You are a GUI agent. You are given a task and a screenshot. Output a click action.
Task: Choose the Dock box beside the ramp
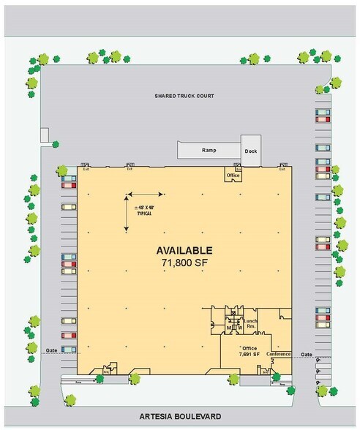point(251,151)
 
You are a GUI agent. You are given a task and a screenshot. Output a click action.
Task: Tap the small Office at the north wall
point(233,176)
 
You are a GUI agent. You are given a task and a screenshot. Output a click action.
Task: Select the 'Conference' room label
point(278,355)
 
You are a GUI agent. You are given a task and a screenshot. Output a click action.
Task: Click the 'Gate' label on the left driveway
point(50,350)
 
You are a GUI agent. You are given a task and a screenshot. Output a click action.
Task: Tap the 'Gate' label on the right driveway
point(306,354)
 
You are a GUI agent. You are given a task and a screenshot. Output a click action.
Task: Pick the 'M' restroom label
point(228,328)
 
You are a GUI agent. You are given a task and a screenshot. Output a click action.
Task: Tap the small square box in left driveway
point(45,135)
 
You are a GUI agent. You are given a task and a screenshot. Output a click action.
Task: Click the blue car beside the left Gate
point(69,350)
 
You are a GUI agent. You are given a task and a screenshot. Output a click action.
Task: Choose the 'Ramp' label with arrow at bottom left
point(77,381)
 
